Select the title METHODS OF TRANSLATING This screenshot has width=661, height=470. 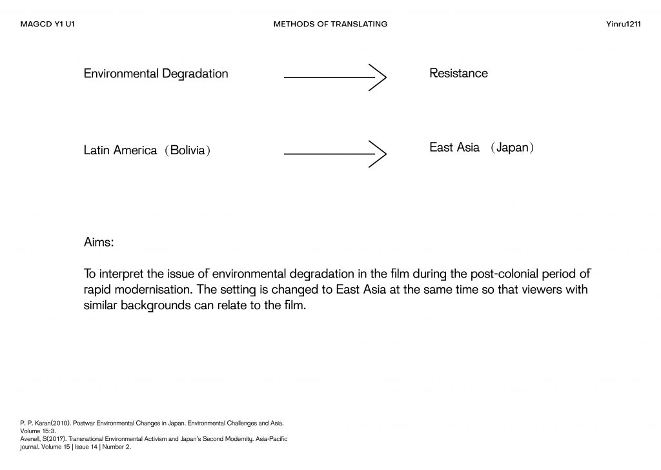click(330, 24)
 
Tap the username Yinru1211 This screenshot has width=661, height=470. click(624, 24)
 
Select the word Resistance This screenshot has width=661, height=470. click(458, 74)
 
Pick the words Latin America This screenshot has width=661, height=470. click(120, 150)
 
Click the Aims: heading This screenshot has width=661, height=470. click(99, 243)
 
